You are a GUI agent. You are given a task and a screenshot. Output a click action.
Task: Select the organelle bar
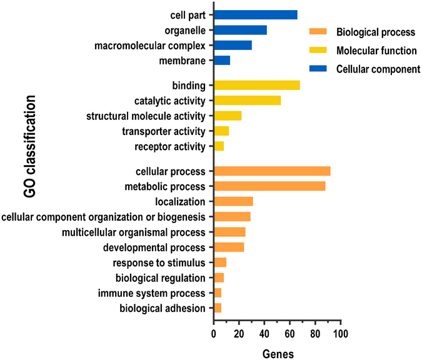(240, 30)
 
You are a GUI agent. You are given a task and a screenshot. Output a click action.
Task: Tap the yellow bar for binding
(256, 85)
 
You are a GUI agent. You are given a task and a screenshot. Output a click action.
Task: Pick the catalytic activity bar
(247, 101)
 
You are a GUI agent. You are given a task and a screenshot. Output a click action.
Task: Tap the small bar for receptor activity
(219, 146)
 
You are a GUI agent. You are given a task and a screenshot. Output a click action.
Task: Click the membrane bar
(222, 61)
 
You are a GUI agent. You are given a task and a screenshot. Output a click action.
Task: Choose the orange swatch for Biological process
(318, 32)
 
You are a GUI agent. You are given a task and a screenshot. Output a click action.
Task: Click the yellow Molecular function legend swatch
(318, 51)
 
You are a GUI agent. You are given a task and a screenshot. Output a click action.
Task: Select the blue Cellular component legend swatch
(318, 69)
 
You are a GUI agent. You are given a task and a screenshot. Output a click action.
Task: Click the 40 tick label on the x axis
(264, 334)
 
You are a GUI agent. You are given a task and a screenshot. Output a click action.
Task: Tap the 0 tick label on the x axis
(214, 334)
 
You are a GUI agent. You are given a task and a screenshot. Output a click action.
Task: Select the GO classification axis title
(30, 147)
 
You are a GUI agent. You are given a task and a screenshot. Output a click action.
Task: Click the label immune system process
(161, 293)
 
